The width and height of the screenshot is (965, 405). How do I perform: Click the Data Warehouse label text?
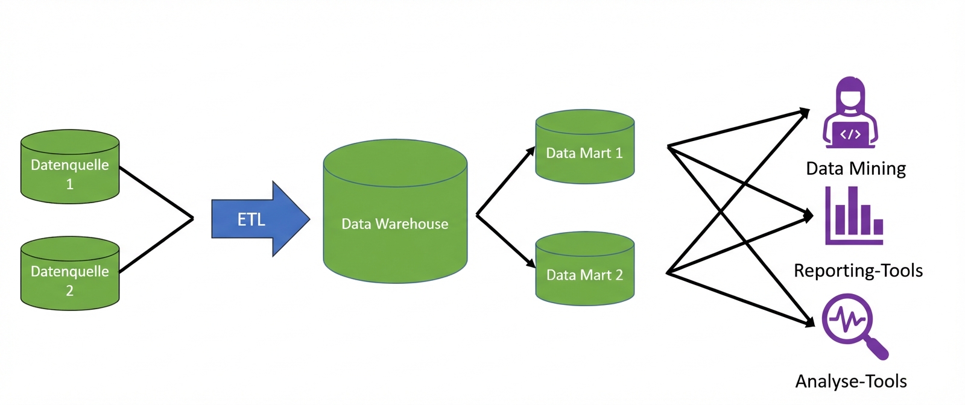tap(394, 224)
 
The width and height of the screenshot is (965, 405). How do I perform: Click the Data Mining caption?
tap(856, 169)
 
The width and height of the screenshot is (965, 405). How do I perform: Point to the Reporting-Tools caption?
tap(858, 271)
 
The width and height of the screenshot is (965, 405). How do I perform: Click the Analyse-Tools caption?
tap(851, 381)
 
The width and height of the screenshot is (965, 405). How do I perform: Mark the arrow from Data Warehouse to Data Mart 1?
tap(505, 181)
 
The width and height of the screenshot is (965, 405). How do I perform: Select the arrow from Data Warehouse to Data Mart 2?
tap(505, 240)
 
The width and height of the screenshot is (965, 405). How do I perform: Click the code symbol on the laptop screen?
tap(850, 134)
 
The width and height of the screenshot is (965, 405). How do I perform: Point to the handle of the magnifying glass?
tap(877, 349)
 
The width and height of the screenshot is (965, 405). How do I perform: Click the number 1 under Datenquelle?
tap(70, 184)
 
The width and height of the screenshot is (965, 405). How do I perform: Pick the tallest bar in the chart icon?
tap(853, 210)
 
